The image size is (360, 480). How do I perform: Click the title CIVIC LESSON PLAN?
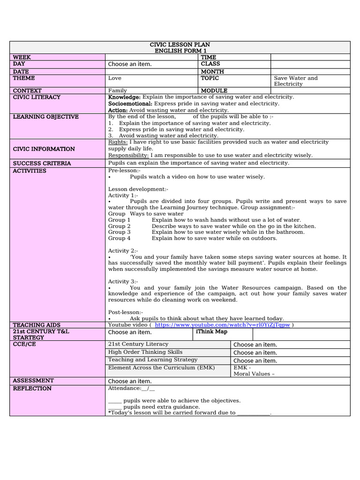click(x=180, y=45)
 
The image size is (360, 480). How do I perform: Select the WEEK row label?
click(x=22, y=57)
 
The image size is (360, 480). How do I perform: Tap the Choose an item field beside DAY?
click(x=130, y=64)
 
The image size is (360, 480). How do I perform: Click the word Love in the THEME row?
click(x=114, y=78)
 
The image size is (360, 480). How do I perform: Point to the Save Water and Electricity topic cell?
click(x=296, y=81)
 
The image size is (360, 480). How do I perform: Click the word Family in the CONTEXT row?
click(x=118, y=90)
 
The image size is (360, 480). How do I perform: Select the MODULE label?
click(x=214, y=90)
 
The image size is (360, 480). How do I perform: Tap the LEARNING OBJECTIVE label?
click(x=46, y=117)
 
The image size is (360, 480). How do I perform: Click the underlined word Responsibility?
click(x=128, y=155)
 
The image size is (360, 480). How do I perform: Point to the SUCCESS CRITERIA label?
click(x=42, y=163)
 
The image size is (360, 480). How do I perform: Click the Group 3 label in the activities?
click(x=120, y=232)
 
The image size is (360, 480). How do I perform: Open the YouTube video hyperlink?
click(x=222, y=325)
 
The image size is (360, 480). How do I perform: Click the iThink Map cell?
click(x=211, y=332)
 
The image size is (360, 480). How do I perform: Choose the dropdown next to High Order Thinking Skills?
click(x=255, y=352)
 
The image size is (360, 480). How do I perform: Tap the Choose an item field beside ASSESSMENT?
click(x=130, y=381)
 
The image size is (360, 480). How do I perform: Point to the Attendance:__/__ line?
click(x=131, y=388)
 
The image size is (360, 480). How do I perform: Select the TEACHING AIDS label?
click(x=37, y=325)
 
